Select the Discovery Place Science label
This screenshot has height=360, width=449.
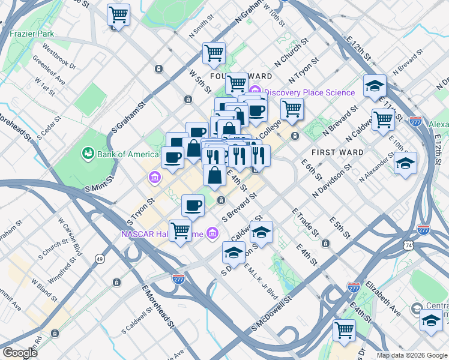pos(310,92)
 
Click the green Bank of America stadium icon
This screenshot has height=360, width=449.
pos(89,154)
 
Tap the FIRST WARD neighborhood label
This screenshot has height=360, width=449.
pos(337,152)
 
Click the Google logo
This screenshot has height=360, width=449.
pos(20,353)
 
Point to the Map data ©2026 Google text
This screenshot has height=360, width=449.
pos(412,355)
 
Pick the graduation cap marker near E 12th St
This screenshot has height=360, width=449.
pos(374,86)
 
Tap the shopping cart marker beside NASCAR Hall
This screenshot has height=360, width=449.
pos(180,230)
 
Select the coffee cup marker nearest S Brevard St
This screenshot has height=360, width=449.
pos(193,205)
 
